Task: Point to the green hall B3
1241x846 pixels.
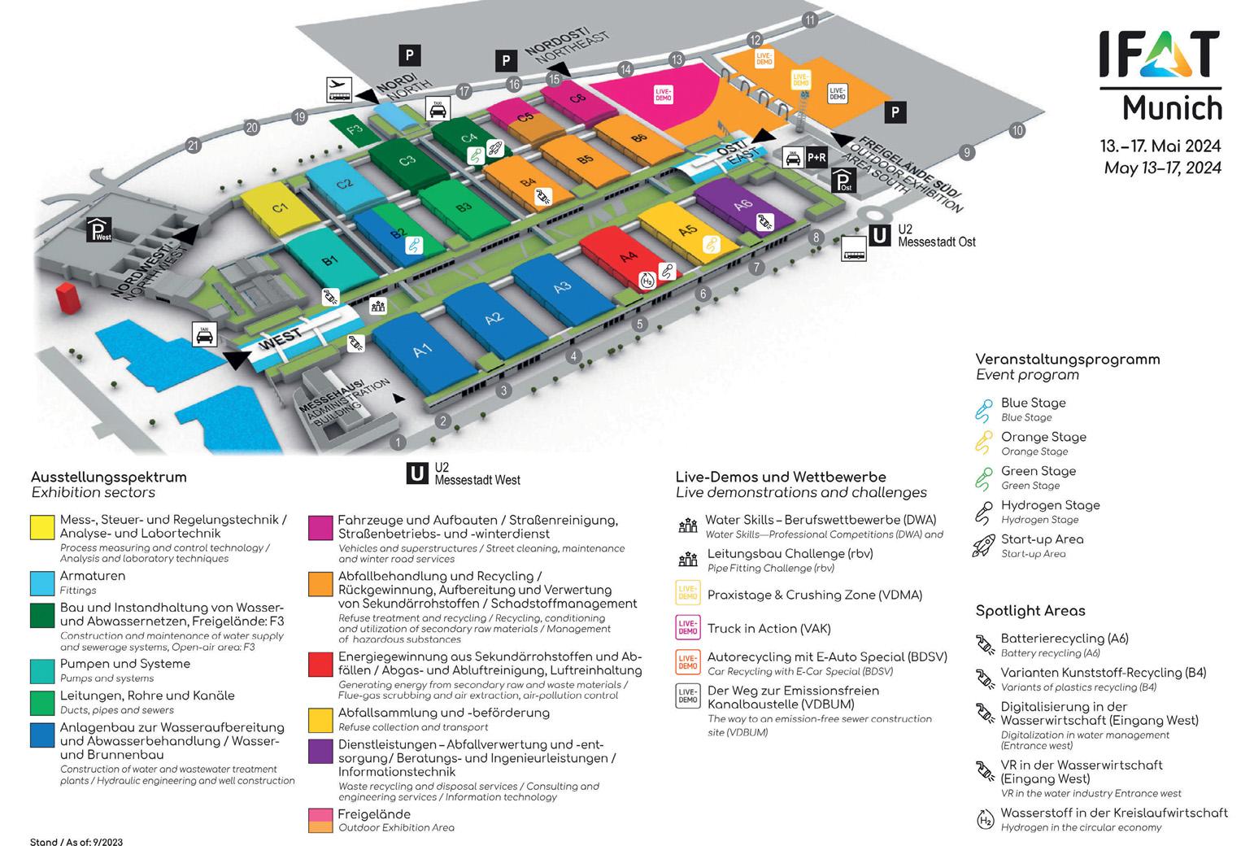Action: pos(462,207)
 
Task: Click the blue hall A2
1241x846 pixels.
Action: pos(493,319)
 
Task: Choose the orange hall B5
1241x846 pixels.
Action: pos(584,159)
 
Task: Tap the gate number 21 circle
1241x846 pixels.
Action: pos(193,146)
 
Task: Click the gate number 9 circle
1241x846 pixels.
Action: pos(967,152)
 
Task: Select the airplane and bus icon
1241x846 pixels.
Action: pos(339,89)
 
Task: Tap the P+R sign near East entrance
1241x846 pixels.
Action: pos(816,157)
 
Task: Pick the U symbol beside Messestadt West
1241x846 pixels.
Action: pos(417,473)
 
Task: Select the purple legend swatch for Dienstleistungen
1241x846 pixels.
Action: pos(320,751)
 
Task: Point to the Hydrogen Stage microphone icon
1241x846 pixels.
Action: pos(984,512)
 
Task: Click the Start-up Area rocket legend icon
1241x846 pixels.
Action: pos(984,546)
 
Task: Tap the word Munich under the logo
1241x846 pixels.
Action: pos(1172,107)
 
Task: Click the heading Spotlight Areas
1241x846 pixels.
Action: pos(1030,611)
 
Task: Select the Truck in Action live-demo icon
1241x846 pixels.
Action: pos(688,628)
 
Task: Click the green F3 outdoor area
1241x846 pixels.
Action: pos(352,129)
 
